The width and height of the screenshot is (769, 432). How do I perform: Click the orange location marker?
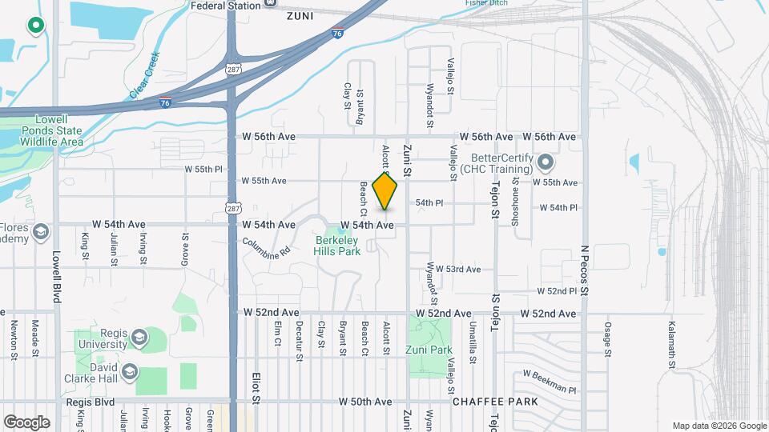(385, 191)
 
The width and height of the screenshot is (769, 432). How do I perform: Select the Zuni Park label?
(430, 350)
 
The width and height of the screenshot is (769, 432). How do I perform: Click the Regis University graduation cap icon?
(141, 338)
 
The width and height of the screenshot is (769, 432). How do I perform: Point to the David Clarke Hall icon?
(130, 372)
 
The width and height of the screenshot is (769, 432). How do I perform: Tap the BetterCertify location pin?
(546, 163)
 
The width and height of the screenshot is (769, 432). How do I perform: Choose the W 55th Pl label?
(202, 170)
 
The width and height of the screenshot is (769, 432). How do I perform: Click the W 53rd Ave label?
(458, 270)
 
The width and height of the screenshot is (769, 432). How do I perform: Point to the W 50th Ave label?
(365, 401)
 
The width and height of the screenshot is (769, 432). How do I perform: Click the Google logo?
(26, 422)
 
